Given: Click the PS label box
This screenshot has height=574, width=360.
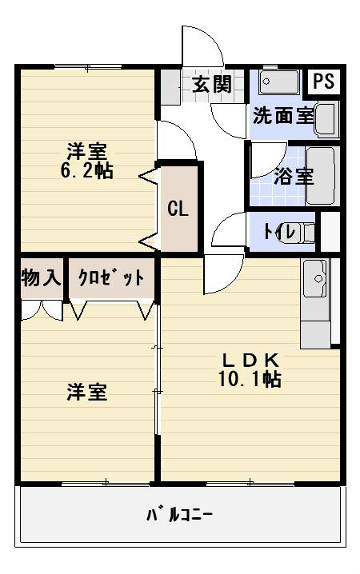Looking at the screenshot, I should pyautogui.click(x=323, y=82).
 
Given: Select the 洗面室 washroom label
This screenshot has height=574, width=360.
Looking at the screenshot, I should pyautogui.click(x=282, y=114).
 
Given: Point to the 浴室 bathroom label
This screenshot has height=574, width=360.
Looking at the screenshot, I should pyautogui.click(x=294, y=177).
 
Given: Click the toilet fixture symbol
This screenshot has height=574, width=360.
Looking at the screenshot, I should pyautogui.click(x=302, y=232).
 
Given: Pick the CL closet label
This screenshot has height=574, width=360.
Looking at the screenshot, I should pyautogui.click(x=178, y=209).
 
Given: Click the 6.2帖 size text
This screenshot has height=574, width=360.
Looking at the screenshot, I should pyautogui.click(x=86, y=170).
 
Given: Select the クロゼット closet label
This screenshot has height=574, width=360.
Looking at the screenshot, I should pyautogui.click(x=111, y=278).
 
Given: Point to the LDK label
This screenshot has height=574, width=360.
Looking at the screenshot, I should pyautogui.click(x=249, y=359).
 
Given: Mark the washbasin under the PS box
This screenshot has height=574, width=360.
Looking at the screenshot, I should pyautogui.click(x=327, y=120).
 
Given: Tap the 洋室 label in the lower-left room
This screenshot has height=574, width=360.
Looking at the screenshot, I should pyautogui.click(x=87, y=393).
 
